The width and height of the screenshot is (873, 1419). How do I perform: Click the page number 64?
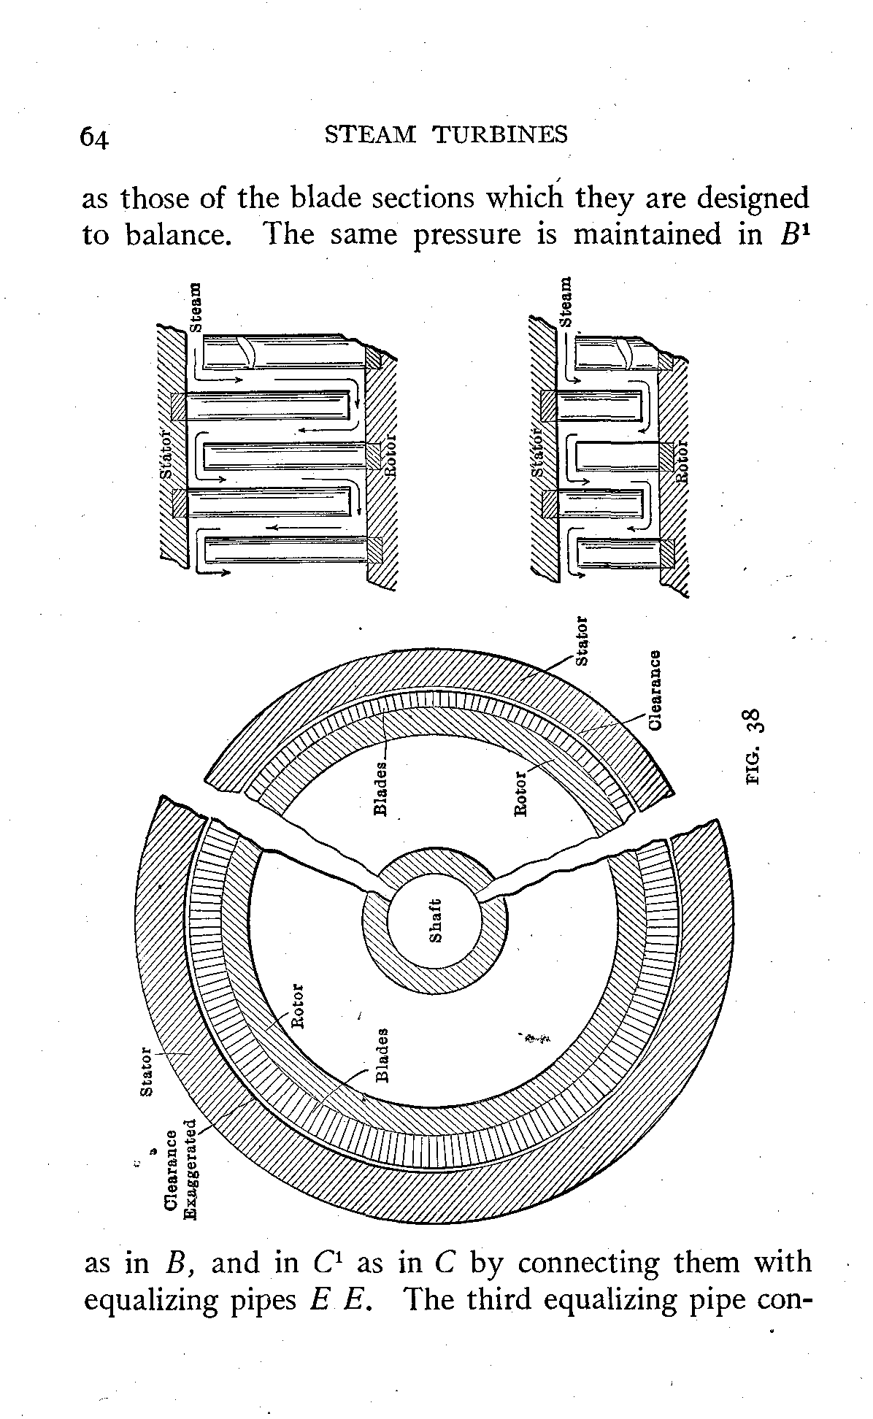point(95,137)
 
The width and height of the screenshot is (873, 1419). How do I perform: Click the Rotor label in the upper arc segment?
point(520,794)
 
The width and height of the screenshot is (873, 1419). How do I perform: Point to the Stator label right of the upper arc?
point(582,642)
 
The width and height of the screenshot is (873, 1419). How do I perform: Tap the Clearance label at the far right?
point(655,689)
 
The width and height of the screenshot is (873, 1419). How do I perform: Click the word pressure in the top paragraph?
point(468,235)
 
